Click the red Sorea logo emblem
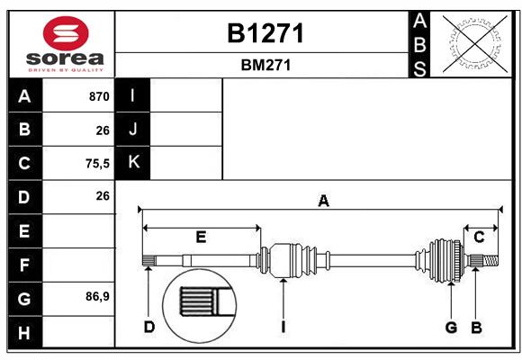click(66, 33)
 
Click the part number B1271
click(265, 33)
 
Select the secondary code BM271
click(265, 65)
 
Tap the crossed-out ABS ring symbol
click(475, 43)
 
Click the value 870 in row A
click(99, 96)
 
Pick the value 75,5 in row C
click(97, 164)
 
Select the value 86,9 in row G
click(97, 296)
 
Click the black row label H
click(25, 332)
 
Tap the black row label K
click(133, 163)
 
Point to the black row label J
click(133, 129)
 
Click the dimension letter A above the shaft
click(323, 201)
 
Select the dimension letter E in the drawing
click(201, 237)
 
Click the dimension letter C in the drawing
click(479, 237)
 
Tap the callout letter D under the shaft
click(149, 327)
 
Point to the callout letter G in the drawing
click(451, 328)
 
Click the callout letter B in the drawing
click(476, 328)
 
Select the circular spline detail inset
click(200, 306)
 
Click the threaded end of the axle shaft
click(490, 261)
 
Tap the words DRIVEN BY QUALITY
click(66, 70)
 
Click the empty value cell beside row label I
click(186, 95)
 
